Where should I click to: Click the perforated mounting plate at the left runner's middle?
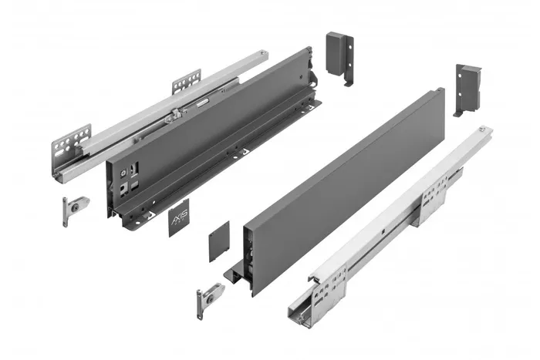pyautogui.click(x=186, y=82)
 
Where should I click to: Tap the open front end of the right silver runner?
pyautogui.click(x=302, y=308)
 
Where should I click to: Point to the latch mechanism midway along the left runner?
pyautogui.click(x=174, y=116)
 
